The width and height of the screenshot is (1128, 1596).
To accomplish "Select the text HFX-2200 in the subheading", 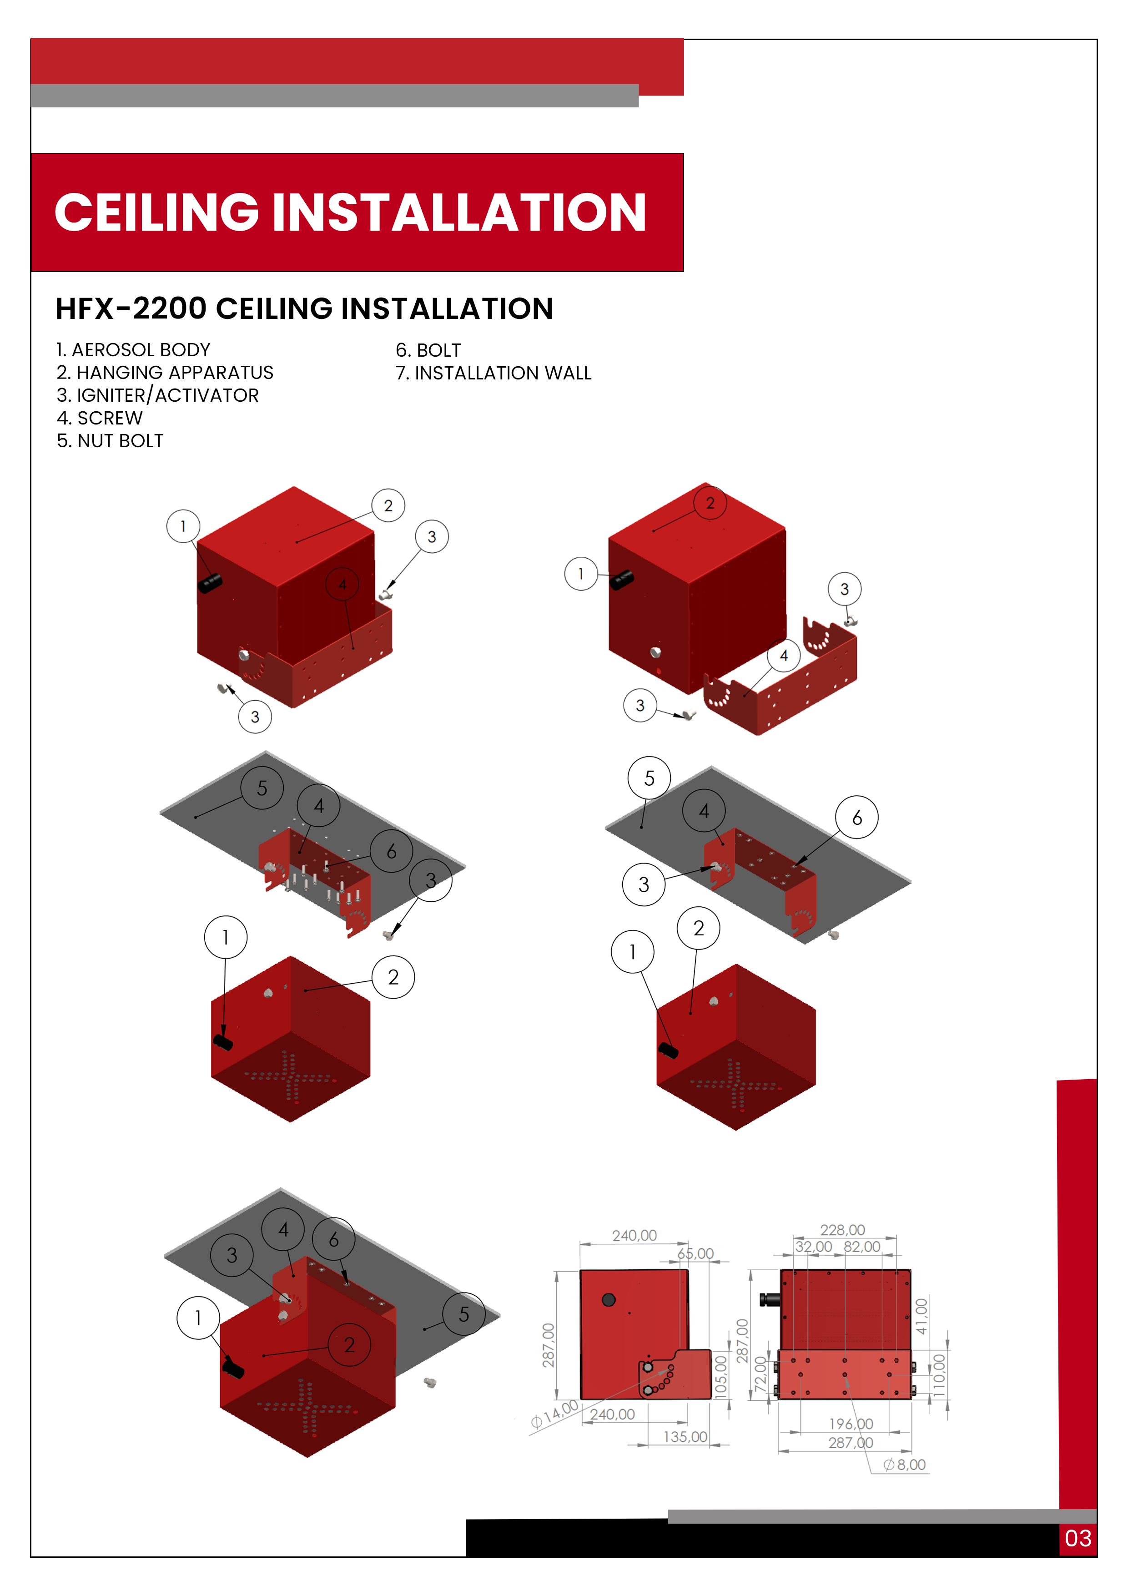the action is [x=131, y=308].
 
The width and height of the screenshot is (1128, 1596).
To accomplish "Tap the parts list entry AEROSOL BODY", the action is [x=133, y=350].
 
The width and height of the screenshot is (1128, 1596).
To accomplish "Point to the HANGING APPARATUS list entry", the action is [x=166, y=373].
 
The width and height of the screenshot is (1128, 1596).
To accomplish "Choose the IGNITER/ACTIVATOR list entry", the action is [x=158, y=395].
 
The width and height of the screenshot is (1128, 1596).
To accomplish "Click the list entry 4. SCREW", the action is [x=100, y=418].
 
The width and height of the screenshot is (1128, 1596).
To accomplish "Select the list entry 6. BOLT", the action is [x=428, y=350].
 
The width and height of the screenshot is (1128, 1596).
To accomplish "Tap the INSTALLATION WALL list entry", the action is [x=493, y=373].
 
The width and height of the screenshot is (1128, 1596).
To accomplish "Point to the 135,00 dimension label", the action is [x=685, y=1436].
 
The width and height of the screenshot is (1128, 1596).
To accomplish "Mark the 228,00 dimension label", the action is [x=842, y=1230].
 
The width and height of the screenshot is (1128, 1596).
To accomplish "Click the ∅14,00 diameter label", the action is [x=554, y=1414].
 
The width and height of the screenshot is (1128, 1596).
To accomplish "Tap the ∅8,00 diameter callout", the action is [x=905, y=1465].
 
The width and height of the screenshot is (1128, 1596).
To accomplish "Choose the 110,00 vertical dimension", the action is [x=939, y=1375].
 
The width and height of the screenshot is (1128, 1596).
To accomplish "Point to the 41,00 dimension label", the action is [x=922, y=1316].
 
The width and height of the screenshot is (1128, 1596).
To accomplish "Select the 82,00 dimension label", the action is [x=862, y=1246].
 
